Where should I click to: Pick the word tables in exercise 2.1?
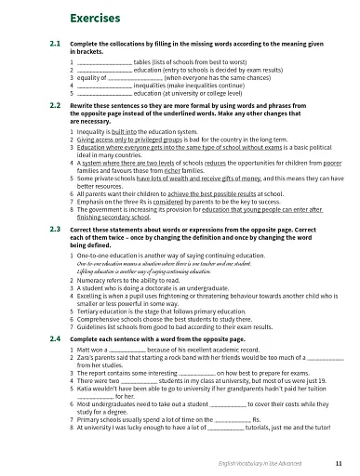[x=143, y=60]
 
